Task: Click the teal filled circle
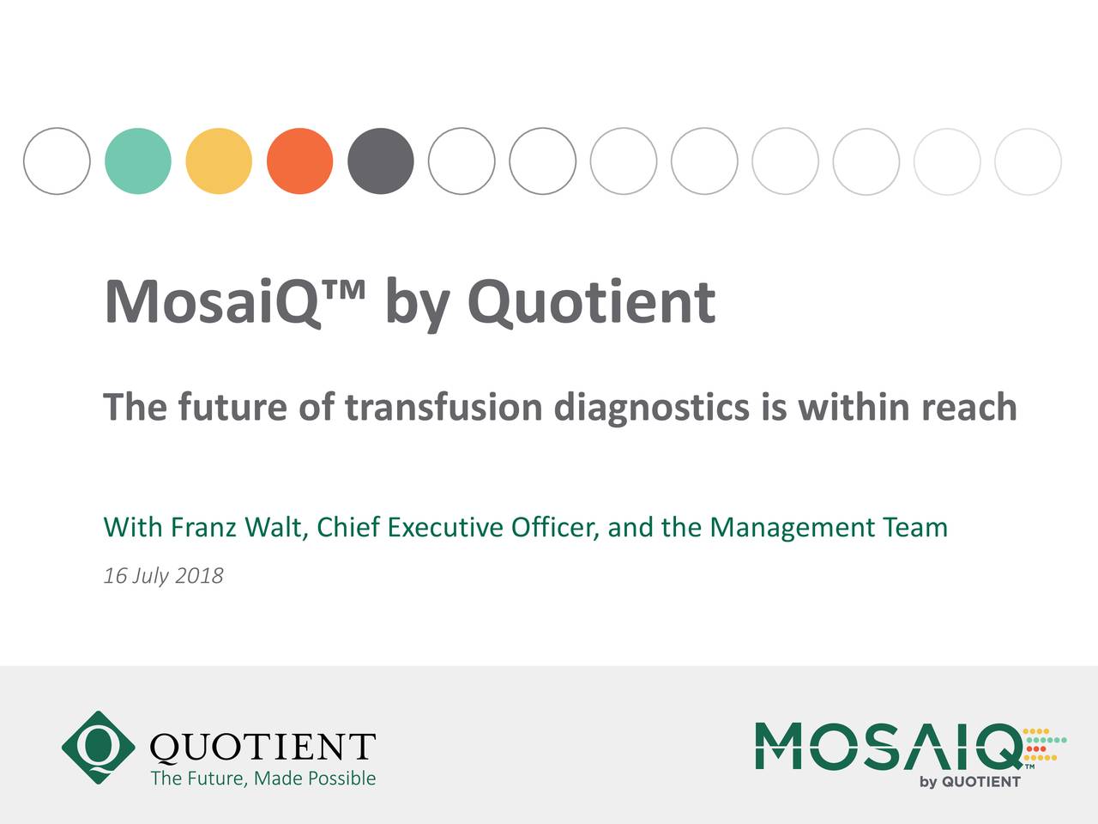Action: pyautogui.click(x=138, y=161)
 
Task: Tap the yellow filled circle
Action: pyautogui.click(x=219, y=161)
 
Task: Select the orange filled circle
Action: pyautogui.click(x=299, y=161)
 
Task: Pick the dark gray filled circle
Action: pyautogui.click(x=381, y=161)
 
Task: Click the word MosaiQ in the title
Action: pyautogui.click(x=212, y=303)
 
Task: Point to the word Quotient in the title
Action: pyautogui.click(x=591, y=303)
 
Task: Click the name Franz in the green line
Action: pyautogui.click(x=203, y=527)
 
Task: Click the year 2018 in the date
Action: pyautogui.click(x=199, y=576)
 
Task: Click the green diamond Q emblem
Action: pyautogui.click(x=98, y=747)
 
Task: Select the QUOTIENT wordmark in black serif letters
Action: pyautogui.click(x=262, y=747)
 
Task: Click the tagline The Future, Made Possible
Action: pyautogui.click(x=263, y=779)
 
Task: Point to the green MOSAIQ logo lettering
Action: pyautogui.click(x=887, y=745)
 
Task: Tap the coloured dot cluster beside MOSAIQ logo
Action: pyautogui.click(x=1045, y=745)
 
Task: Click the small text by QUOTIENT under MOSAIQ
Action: pyautogui.click(x=970, y=782)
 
